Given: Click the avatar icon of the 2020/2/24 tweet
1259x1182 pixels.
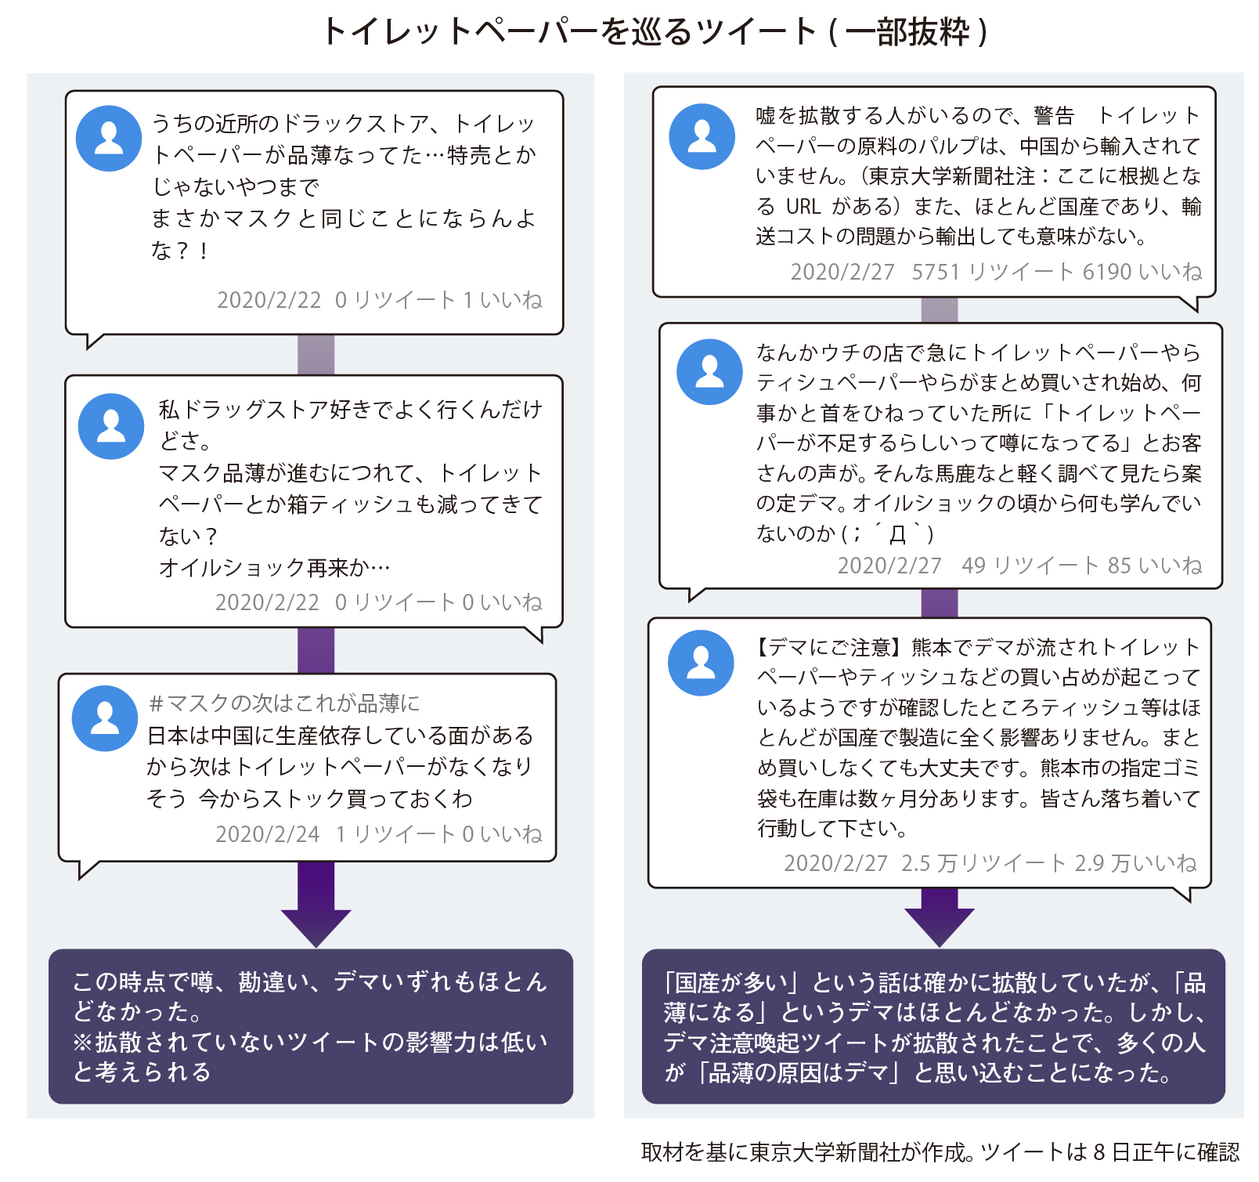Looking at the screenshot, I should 105,718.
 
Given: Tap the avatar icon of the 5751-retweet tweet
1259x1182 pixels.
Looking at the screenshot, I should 702,136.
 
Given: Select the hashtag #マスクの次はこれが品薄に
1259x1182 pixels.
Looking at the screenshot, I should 284,703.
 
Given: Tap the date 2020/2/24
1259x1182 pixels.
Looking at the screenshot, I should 267,834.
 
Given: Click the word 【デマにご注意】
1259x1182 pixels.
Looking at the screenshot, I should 830,647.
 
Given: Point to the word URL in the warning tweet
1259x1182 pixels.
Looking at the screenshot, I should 803,206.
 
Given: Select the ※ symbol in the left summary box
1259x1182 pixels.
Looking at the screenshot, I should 83,1043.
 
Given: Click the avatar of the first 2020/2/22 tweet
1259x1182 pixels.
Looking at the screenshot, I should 109,138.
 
